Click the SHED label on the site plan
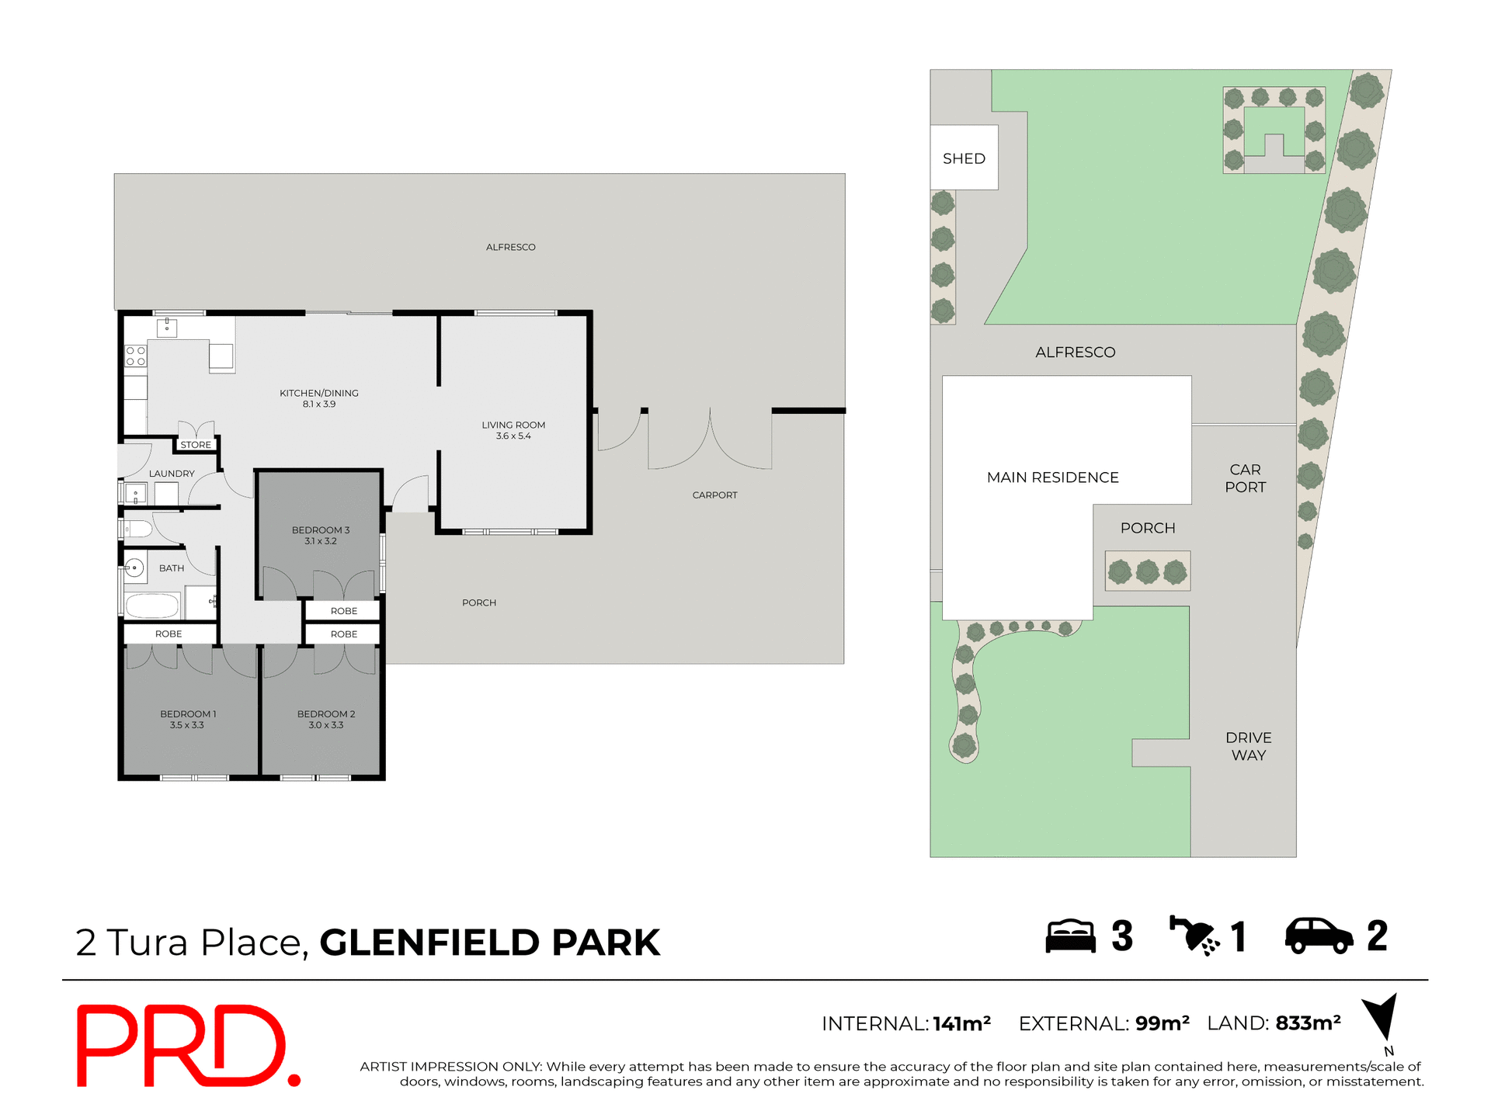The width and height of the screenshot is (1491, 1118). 964,158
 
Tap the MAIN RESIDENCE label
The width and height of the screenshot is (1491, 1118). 1052,477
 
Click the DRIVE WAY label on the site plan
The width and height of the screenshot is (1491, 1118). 1248,746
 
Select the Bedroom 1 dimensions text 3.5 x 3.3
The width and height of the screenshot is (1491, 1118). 186,725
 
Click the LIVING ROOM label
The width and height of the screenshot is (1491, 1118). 513,425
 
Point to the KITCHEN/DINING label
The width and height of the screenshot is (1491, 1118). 319,393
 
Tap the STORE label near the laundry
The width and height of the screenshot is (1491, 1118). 196,445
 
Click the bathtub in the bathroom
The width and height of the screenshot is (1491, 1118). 153,605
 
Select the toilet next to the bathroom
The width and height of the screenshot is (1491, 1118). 138,529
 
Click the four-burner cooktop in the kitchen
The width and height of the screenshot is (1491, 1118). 136,356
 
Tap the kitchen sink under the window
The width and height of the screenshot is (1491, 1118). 167,328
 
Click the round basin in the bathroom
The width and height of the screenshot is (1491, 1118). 134,568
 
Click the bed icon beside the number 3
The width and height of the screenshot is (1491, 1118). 1070,936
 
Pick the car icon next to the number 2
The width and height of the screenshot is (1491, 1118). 1319,936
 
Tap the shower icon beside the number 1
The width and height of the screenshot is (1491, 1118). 1194,936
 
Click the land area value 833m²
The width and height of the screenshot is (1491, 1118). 1308,1023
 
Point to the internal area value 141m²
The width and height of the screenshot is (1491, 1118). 961,1024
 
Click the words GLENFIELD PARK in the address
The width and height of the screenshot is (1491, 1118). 489,943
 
